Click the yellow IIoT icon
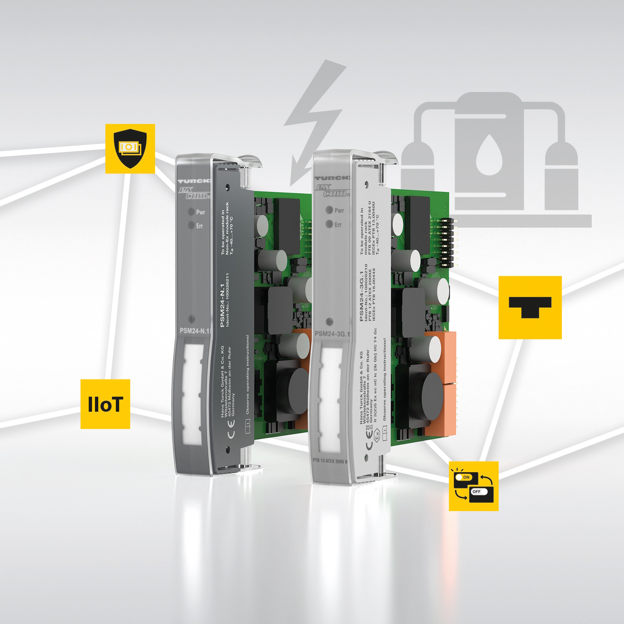pyautogui.click(x=105, y=404)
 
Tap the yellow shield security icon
pyautogui.click(x=130, y=148)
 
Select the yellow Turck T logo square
pyautogui.click(x=530, y=307)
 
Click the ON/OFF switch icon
pyautogui.click(x=473, y=486)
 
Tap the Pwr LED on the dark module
pyautogui.click(x=191, y=212)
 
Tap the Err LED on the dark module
pyautogui.click(x=191, y=225)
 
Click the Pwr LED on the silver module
pyautogui.click(x=329, y=210)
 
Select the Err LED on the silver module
pyautogui.click(x=329, y=224)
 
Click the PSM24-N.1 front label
pyautogui.click(x=194, y=331)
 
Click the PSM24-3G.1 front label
pyautogui.click(x=332, y=334)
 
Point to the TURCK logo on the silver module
pyautogui.click(x=332, y=178)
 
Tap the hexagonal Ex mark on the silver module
pyautogui.click(x=377, y=436)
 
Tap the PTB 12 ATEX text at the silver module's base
pyautogui.click(x=329, y=461)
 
